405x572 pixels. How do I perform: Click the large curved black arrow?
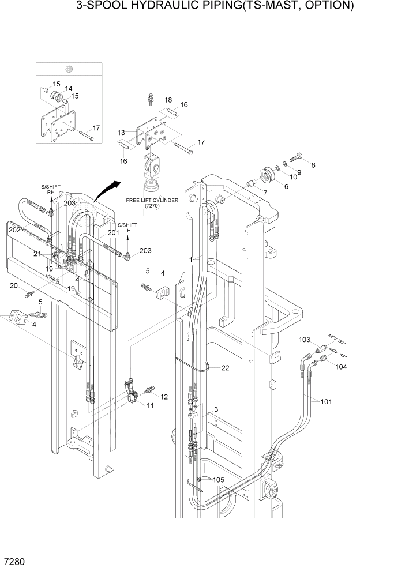tap(108, 190)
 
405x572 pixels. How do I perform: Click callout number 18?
tap(168, 100)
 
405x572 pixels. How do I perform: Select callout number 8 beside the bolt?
tap(313, 165)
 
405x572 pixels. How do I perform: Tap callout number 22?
tap(225, 368)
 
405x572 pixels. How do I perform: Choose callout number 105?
tap(218, 480)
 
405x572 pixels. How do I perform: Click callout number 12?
tap(164, 396)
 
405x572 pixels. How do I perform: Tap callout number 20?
tap(13, 285)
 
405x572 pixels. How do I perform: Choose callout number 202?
tap(14, 229)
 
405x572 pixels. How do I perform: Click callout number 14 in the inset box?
tap(69, 89)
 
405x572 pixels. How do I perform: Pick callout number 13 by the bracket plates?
tap(121, 133)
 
